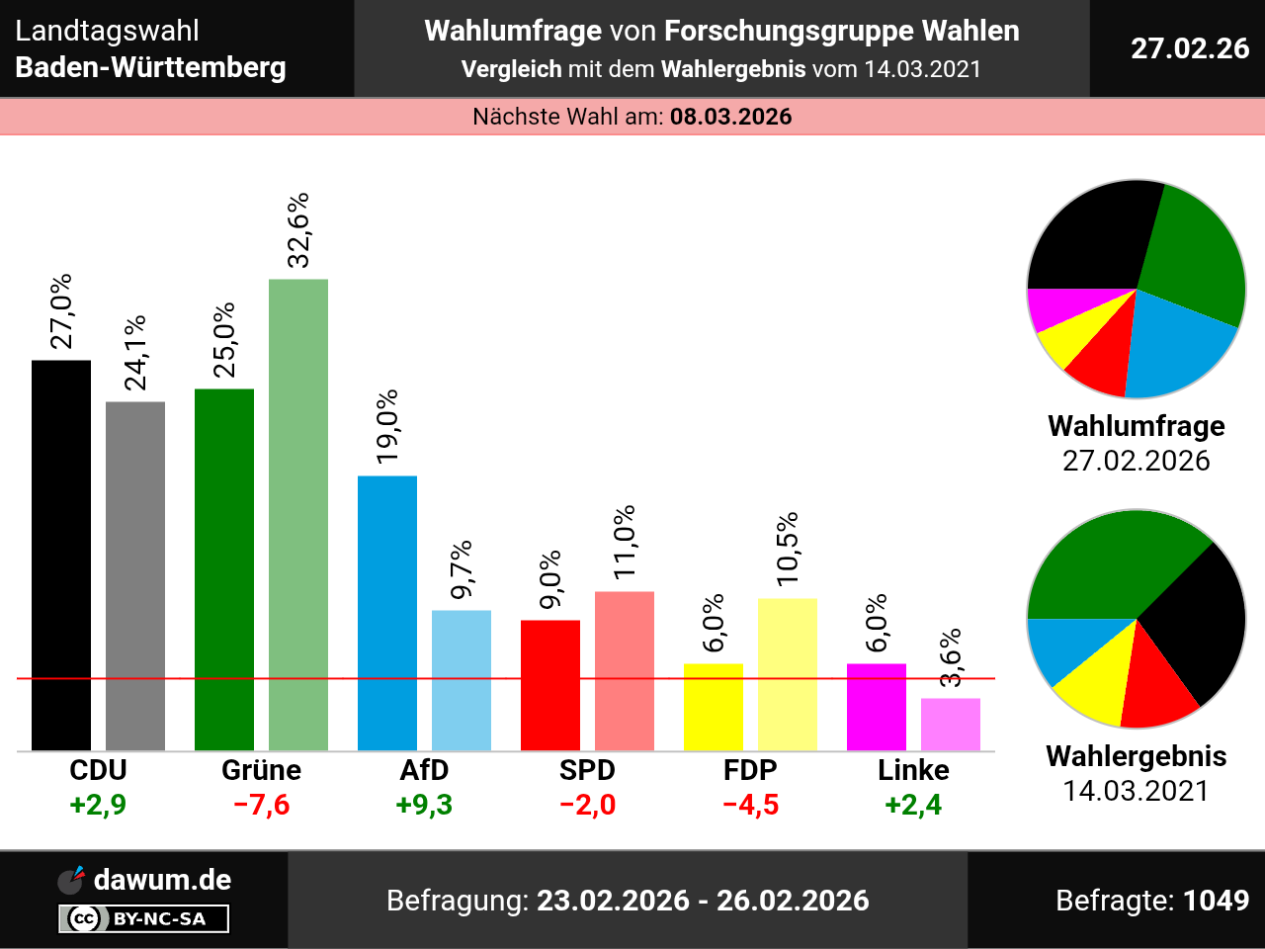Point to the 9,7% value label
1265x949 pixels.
462,569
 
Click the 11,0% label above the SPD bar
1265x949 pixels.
625,544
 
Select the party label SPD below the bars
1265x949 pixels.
587,770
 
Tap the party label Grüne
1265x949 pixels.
261,770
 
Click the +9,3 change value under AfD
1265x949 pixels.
424,805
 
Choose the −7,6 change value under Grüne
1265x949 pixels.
261,805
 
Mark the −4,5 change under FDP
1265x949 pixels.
750,805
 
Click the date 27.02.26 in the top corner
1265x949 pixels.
1190,48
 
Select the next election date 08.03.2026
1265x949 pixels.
730,117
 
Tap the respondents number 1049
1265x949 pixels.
1216,901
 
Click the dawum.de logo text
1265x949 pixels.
162,880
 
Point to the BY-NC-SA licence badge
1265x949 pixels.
144,919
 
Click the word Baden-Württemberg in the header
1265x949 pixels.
151,68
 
